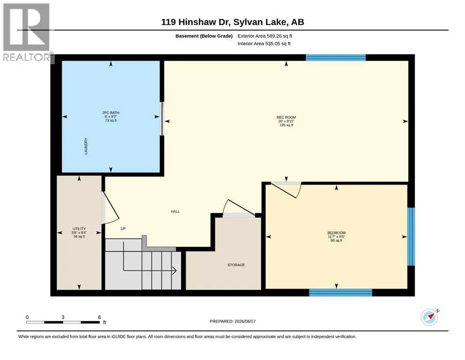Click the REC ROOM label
tap(286, 117)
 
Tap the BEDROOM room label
tap(336, 232)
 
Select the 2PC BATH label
tap(111, 113)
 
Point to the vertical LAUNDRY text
tap(86, 146)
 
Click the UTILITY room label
tap(79, 229)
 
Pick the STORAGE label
tap(236, 265)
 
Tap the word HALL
tap(175, 211)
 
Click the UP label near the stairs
tap(123, 229)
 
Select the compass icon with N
tap(430, 317)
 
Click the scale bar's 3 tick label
tap(63, 317)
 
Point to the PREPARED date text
tap(232, 321)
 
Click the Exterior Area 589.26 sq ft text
tap(265, 36)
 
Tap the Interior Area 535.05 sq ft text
tap(264, 44)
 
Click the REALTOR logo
tap(27, 32)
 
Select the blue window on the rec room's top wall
tap(336, 58)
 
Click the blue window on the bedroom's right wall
tap(411, 237)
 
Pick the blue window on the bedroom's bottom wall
tap(340, 292)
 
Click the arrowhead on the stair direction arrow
tap(174, 270)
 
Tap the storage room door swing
tap(239, 207)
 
